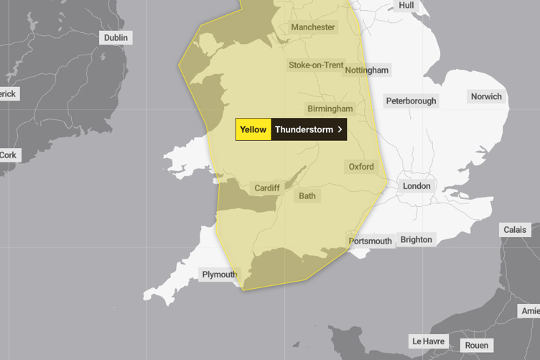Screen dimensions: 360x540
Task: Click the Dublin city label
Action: click(x=116, y=38)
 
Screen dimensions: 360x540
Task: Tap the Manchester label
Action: click(x=312, y=27)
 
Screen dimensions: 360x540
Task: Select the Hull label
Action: click(x=406, y=5)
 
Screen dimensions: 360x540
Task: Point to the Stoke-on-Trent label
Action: click(x=316, y=65)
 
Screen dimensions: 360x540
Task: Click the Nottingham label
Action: click(x=367, y=70)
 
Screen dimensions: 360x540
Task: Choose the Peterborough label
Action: click(x=411, y=101)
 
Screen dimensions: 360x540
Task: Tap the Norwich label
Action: click(x=486, y=96)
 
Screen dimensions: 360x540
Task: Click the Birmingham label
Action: click(x=330, y=109)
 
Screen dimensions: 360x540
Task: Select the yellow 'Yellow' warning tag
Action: click(x=253, y=129)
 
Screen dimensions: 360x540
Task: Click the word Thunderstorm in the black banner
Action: click(x=304, y=129)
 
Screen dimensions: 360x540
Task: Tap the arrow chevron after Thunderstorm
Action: click(x=340, y=129)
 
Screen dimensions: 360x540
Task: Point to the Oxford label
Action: click(x=361, y=167)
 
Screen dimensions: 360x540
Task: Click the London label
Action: click(x=416, y=186)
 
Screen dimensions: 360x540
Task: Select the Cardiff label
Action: click(x=266, y=188)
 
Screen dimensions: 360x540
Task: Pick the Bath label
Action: click(x=307, y=195)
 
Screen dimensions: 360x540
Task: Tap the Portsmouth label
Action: click(x=371, y=241)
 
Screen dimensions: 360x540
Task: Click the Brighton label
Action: click(x=416, y=239)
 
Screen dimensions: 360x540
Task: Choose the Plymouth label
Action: click(x=219, y=274)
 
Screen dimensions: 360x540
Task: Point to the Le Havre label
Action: click(x=428, y=341)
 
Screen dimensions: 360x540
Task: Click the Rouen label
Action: click(x=476, y=346)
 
